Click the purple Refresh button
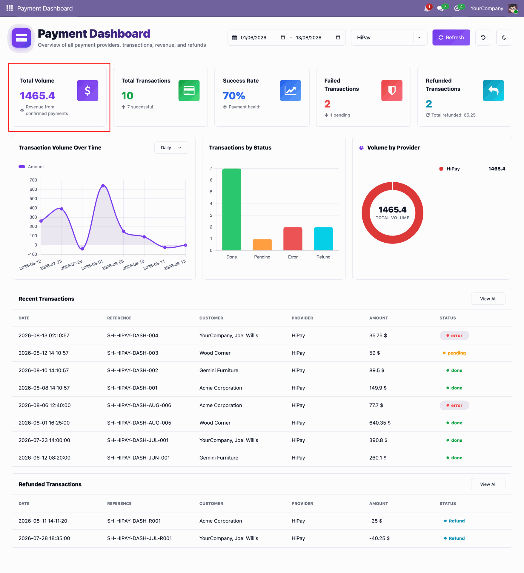(451, 38)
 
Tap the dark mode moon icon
(504, 38)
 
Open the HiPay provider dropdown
(389, 38)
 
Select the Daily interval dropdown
(171, 148)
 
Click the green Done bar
(232, 210)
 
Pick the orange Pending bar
(262, 245)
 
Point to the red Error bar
(293, 239)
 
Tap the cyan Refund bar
(323, 239)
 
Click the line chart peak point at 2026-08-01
(103, 186)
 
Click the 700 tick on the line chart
(33, 180)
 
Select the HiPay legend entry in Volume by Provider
(450, 169)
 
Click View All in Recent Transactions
(488, 299)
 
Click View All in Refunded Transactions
(488, 484)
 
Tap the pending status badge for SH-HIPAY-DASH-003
(454, 353)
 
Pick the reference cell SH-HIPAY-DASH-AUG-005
(139, 423)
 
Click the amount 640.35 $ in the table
(380, 423)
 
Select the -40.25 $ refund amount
(379, 538)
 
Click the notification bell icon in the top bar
(427, 8)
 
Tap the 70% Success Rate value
(234, 96)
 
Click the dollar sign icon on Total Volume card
(87, 90)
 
